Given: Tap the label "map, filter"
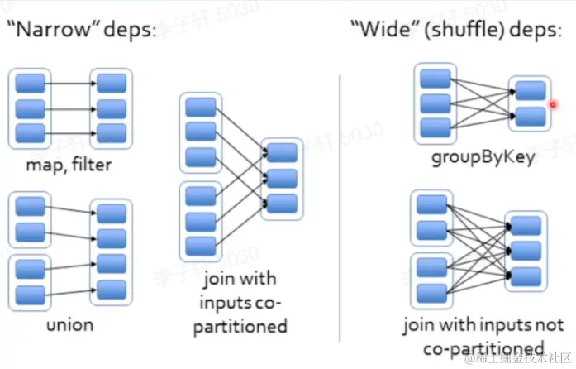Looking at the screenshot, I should pyautogui.click(x=68, y=165).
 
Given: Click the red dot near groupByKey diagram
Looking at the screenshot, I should pyautogui.click(x=552, y=104).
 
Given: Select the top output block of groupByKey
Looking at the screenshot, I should pyautogui.click(x=531, y=89).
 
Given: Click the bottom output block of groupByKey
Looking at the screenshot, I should pyautogui.click(x=531, y=116).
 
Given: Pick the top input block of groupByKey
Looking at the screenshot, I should pyautogui.click(x=435, y=79).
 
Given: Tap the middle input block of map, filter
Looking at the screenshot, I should pyautogui.click(x=30, y=108).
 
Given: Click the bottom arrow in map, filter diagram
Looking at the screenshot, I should pyautogui.click(x=70, y=132).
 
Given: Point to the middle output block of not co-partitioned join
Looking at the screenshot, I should pyautogui.click(x=526, y=249).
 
